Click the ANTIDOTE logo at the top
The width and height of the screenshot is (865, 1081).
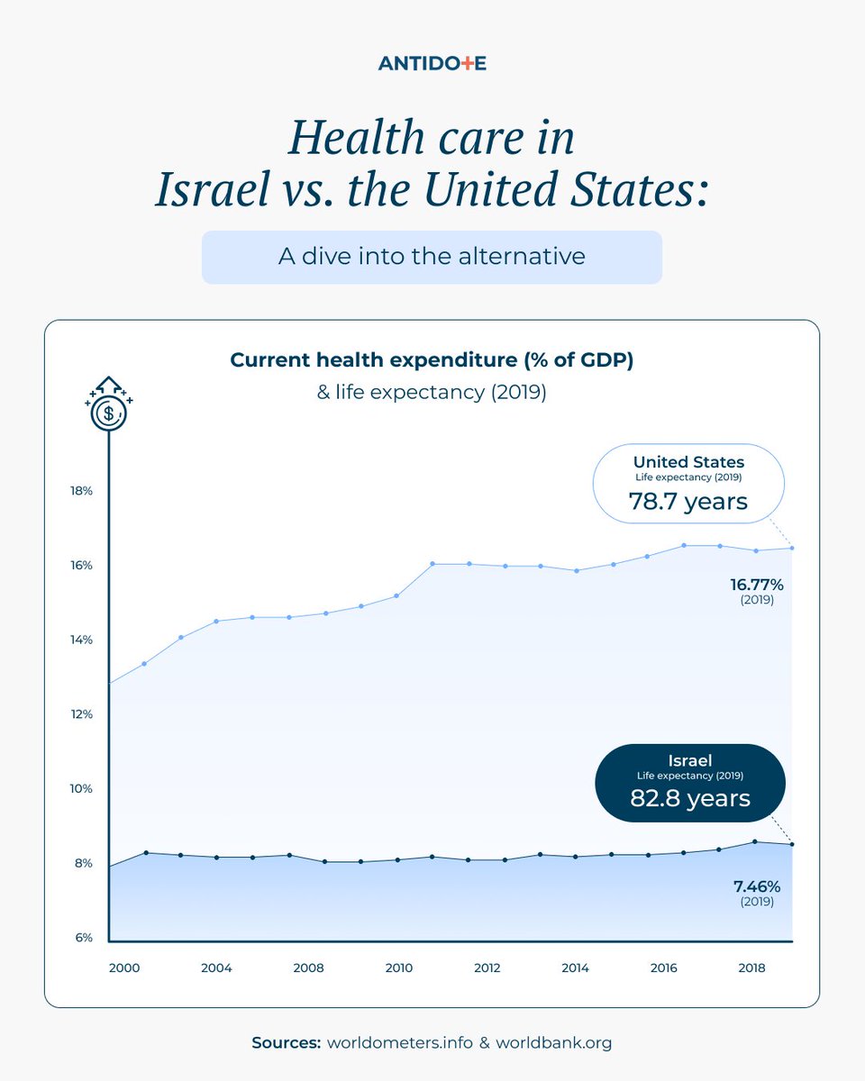coord(432,63)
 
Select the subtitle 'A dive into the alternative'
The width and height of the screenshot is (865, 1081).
coord(432,256)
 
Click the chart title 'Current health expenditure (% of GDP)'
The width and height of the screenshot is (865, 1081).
coord(432,360)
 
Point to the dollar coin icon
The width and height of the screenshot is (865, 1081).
coord(108,413)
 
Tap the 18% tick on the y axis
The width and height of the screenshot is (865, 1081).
coord(81,491)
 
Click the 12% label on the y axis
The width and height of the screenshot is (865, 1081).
coord(81,714)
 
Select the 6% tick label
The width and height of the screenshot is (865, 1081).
coord(83,938)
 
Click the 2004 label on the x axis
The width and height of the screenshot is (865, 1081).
coord(216,968)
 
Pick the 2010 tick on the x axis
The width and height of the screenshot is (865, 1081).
coord(398,968)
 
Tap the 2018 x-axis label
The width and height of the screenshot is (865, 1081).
coord(751,968)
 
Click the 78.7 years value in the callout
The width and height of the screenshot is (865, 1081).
coord(688,502)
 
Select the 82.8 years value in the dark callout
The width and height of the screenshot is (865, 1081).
coord(690,798)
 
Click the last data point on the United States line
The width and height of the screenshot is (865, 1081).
coord(792,548)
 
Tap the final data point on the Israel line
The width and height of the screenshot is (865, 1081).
coord(792,844)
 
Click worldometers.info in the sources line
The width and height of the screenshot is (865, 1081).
coord(397,1043)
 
